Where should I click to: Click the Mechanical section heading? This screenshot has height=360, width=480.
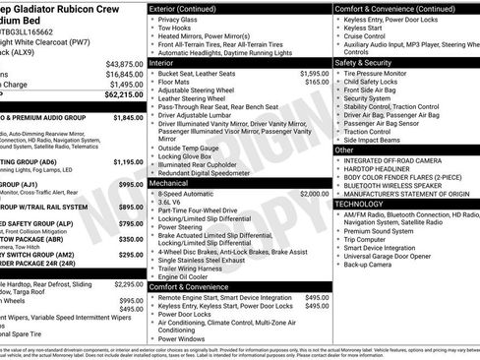174,183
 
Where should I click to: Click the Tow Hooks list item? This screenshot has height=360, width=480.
175,29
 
